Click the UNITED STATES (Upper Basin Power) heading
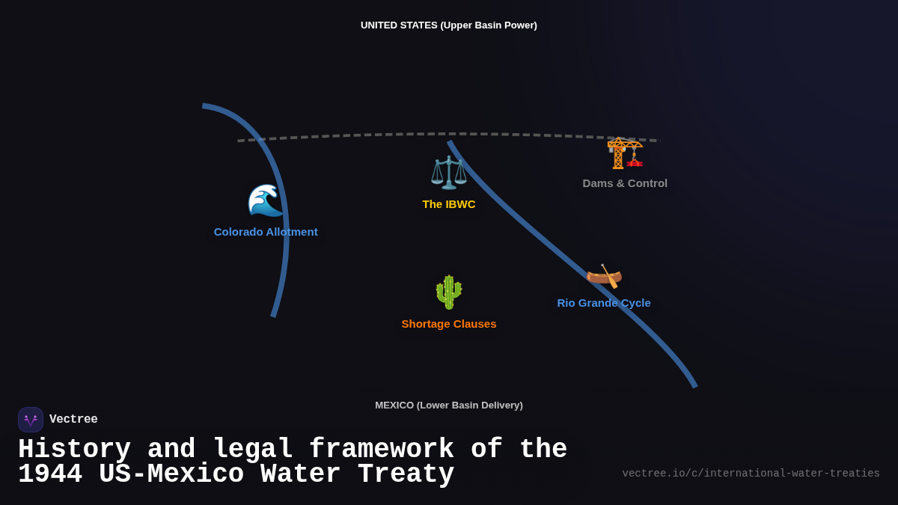click(449, 25)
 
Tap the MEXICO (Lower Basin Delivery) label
click(449, 405)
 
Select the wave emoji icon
click(266, 201)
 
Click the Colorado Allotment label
click(266, 232)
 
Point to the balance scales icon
click(449, 172)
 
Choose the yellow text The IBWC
click(449, 204)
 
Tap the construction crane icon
click(625, 153)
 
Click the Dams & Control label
click(625, 183)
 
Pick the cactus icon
click(449, 292)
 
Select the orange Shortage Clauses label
click(449, 324)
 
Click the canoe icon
click(604, 275)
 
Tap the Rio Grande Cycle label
click(604, 303)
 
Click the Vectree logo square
click(31, 420)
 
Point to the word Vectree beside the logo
click(73, 420)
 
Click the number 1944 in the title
click(49, 474)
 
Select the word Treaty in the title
click(406, 474)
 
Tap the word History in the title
click(74, 450)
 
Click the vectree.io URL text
click(751, 474)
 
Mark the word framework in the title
click(381, 450)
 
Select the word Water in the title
click(300, 474)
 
